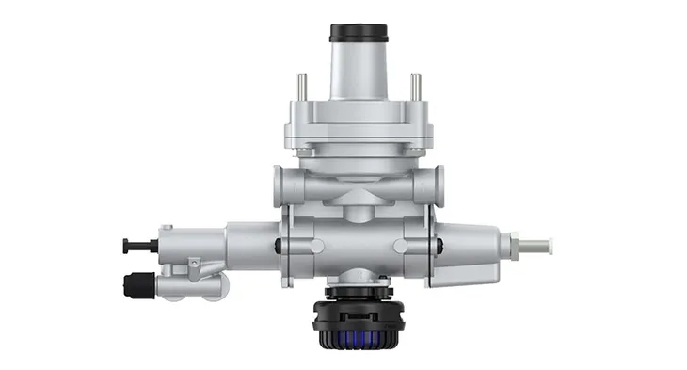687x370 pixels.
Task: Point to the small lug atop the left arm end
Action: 166,229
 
